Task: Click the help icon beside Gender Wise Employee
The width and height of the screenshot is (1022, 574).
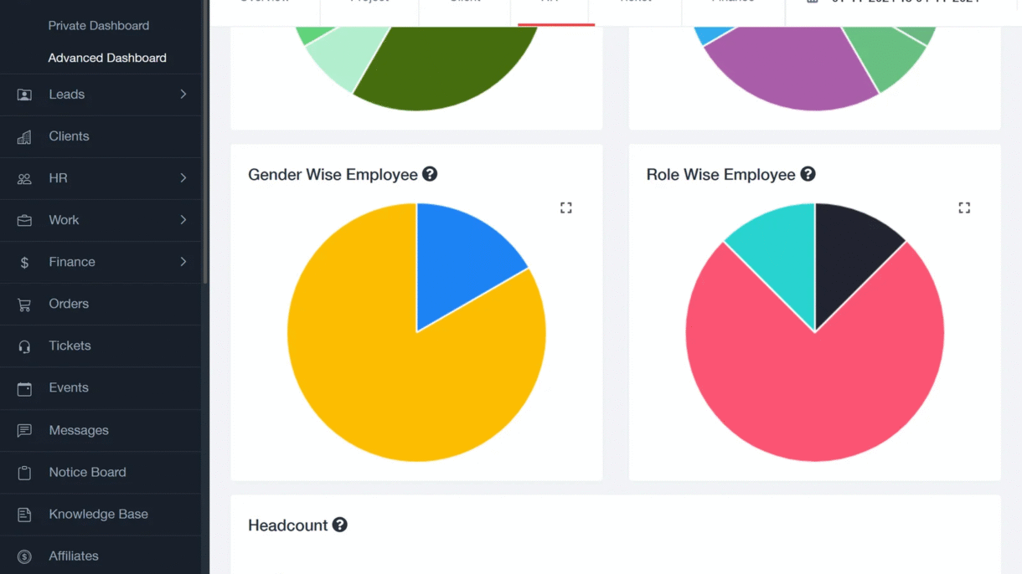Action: pos(430,174)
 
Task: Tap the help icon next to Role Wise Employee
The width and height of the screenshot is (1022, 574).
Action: pos(808,174)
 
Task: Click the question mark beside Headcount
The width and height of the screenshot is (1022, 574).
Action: pos(339,525)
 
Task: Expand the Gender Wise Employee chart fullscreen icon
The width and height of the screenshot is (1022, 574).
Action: pos(566,208)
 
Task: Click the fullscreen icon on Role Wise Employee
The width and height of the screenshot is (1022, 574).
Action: pos(964,208)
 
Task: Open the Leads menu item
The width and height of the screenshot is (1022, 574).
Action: pos(67,95)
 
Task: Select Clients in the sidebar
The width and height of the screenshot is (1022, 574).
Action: pos(69,136)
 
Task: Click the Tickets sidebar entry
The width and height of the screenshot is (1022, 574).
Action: pos(70,346)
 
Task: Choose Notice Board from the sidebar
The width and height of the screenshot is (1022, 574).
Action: pos(87,472)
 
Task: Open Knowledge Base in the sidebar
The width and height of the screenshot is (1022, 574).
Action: pos(98,514)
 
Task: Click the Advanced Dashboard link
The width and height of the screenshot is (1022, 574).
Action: pos(107,58)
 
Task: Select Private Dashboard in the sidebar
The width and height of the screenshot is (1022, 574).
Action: pos(99,26)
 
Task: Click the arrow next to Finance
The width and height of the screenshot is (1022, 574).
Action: pos(183,262)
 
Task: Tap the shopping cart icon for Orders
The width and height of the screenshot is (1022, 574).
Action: pos(24,305)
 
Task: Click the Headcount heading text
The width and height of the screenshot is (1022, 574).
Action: pos(287,525)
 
